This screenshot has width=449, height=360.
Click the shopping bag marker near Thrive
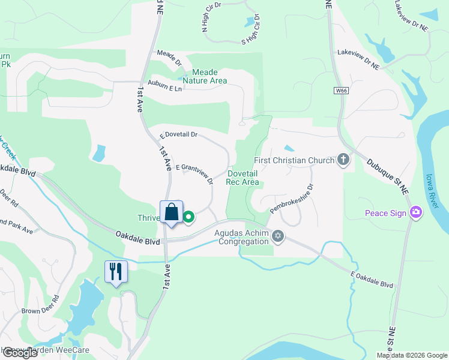pos(172,212)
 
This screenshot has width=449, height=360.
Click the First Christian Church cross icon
pos(343,160)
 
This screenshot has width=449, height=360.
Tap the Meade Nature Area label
pos(205,76)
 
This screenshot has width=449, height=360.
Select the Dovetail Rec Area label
pos(243,178)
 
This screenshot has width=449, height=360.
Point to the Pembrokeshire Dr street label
pos(292,199)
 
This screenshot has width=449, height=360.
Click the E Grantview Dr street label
pos(194,173)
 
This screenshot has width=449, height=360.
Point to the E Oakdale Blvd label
pos(372,280)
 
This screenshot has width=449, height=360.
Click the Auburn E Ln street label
pos(164,86)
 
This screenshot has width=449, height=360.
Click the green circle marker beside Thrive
pos(188,217)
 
